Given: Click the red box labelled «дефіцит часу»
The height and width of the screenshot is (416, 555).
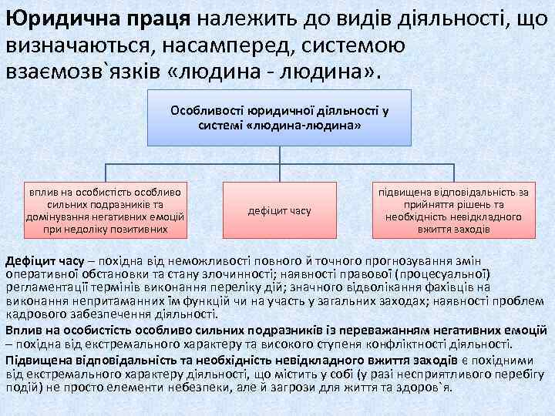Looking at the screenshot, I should tap(279, 210).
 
